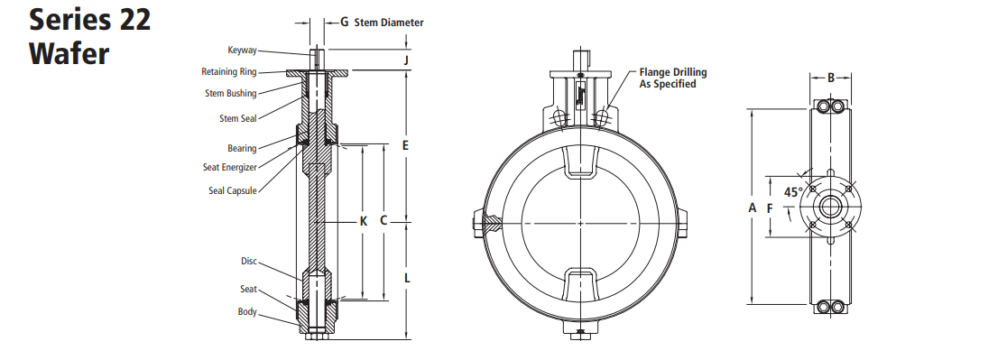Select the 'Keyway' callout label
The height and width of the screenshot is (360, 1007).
pyautogui.click(x=242, y=51)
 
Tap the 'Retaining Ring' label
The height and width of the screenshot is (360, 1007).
pyautogui.click(x=229, y=72)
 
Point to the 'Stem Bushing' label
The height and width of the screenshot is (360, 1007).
pyautogui.click(x=230, y=93)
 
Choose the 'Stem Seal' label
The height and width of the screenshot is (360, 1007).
pyautogui.click(x=237, y=118)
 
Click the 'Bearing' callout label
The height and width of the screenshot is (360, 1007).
pyautogui.click(x=242, y=148)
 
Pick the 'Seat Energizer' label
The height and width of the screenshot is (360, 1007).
pyautogui.click(x=230, y=167)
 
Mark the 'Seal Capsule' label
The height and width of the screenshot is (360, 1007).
pyautogui.click(x=233, y=190)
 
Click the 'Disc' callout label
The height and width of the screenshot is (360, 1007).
pyautogui.click(x=249, y=261)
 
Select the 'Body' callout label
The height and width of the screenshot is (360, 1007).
pyautogui.click(x=247, y=312)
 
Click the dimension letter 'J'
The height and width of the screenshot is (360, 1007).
pyautogui.click(x=407, y=60)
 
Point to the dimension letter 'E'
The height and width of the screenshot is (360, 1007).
pyautogui.click(x=406, y=145)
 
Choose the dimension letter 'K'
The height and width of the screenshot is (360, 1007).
pyautogui.click(x=364, y=221)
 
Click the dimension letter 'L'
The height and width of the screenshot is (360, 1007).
pyautogui.click(x=407, y=279)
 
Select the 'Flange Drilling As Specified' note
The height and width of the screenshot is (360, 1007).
pyautogui.click(x=672, y=78)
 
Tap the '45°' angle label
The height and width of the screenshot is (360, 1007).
pyautogui.click(x=793, y=192)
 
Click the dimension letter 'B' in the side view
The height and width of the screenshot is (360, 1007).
pyautogui.click(x=831, y=78)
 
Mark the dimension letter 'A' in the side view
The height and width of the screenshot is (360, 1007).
pyautogui.click(x=752, y=208)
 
